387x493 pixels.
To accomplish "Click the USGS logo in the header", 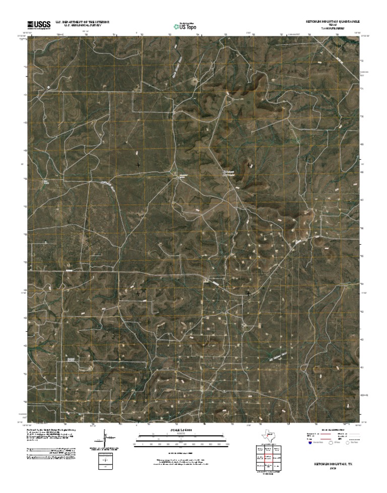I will coord(39,24).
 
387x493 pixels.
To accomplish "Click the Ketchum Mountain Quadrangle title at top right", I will coord(334,22).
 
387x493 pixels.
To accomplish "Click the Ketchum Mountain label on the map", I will coord(229,173).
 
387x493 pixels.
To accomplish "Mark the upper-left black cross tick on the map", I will coord(138,165).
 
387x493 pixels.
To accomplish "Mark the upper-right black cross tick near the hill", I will coord(249,165).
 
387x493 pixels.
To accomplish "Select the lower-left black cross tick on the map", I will coord(138,293).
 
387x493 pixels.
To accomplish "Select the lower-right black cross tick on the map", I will coord(248,293).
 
